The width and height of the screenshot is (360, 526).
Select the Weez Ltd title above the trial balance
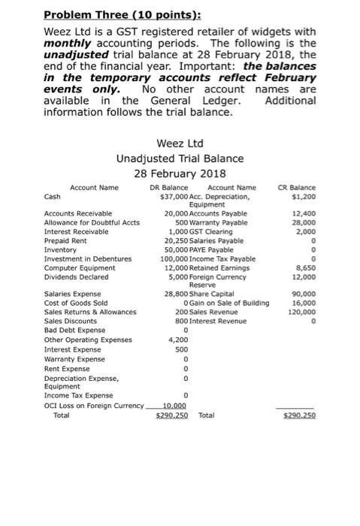click(180, 143)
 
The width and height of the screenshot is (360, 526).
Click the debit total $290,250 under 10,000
click(172, 415)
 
